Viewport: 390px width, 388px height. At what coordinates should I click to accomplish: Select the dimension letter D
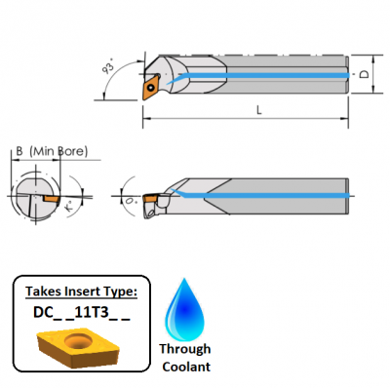tap(364, 74)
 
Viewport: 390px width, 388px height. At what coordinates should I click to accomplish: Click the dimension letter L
tap(257, 111)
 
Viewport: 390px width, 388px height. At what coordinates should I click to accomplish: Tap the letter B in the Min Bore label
tap(19, 150)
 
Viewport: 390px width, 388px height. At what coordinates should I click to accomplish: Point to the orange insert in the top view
tap(152, 86)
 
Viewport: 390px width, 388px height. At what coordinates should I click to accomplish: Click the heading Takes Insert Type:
tap(81, 291)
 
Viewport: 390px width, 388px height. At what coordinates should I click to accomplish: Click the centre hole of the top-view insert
tap(152, 86)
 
